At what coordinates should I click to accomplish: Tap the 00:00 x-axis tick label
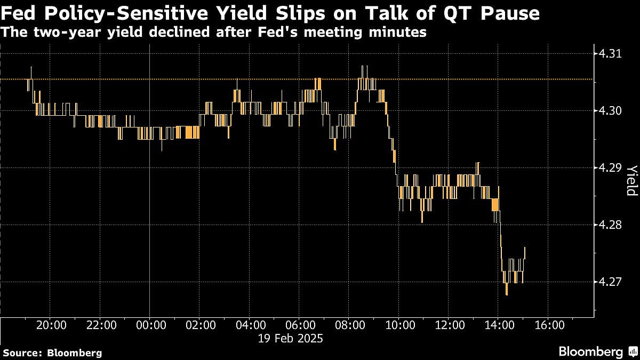[150, 325]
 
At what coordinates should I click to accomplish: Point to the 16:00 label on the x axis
[549, 325]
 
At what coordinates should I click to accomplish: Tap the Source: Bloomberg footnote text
[52, 353]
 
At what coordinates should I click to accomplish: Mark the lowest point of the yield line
[506, 294]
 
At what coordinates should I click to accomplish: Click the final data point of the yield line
[525, 248]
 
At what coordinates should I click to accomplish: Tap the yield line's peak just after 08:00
[362, 67]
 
